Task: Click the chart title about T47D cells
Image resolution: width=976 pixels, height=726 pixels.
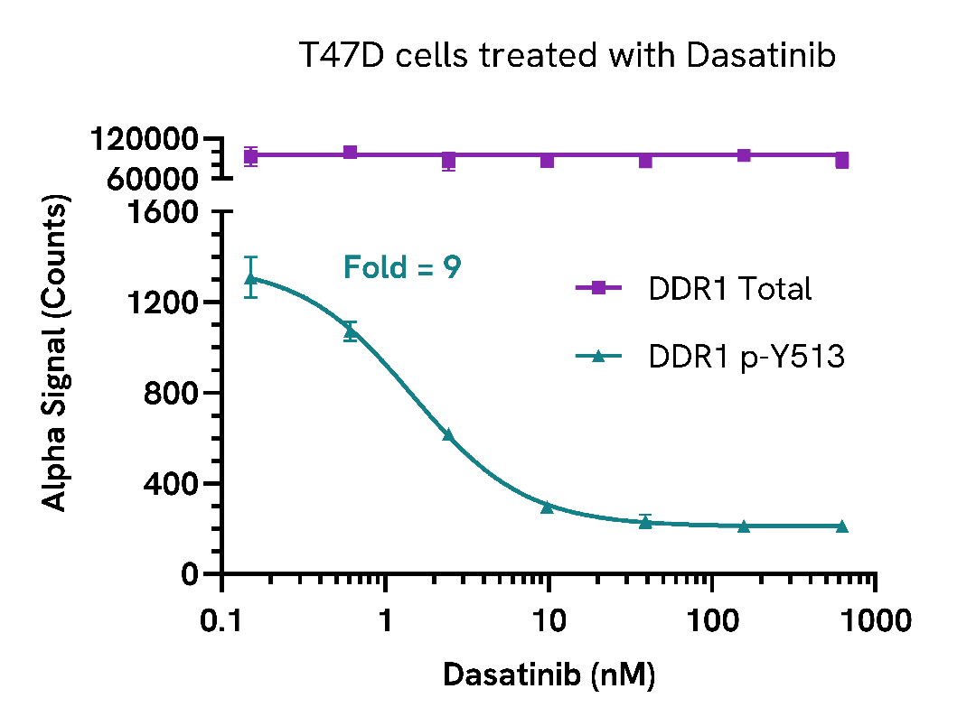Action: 568,56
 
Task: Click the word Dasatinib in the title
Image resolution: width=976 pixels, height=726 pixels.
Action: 761,56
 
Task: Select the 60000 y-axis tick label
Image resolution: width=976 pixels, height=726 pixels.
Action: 155,179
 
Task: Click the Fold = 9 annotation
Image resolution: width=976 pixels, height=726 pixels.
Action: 402,267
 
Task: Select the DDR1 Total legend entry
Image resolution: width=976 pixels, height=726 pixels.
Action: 693,289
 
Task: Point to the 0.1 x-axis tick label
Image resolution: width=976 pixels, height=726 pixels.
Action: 221,622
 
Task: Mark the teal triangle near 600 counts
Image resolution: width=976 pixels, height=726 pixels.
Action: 447,434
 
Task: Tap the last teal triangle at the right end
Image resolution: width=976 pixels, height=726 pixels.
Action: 841,526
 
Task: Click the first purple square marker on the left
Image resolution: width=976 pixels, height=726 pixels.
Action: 251,156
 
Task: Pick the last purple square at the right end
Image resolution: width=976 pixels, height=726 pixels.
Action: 841,161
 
